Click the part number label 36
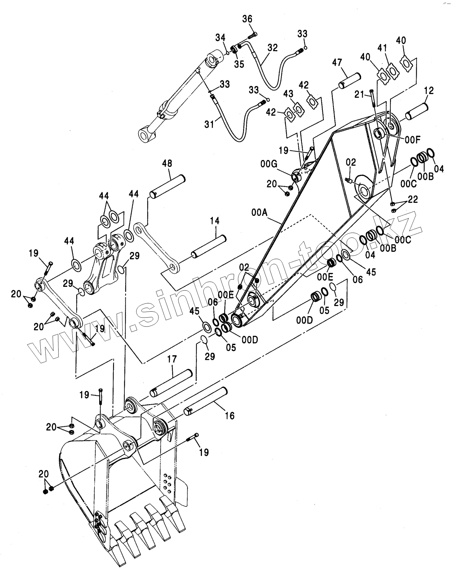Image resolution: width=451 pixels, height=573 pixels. (x=247, y=19)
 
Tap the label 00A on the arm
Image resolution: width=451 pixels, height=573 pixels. (x=259, y=213)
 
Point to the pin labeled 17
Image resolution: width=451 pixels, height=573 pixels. (x=171, y=383)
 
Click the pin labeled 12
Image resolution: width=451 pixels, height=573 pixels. (x=416, y=110)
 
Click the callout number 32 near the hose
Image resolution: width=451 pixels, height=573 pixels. (x=272, y=48)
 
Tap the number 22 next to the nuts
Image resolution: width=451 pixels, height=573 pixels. (x=413, y=199)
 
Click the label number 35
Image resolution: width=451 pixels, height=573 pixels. (x=239, y=64)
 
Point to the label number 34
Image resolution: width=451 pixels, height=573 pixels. (x=221, y=37)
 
